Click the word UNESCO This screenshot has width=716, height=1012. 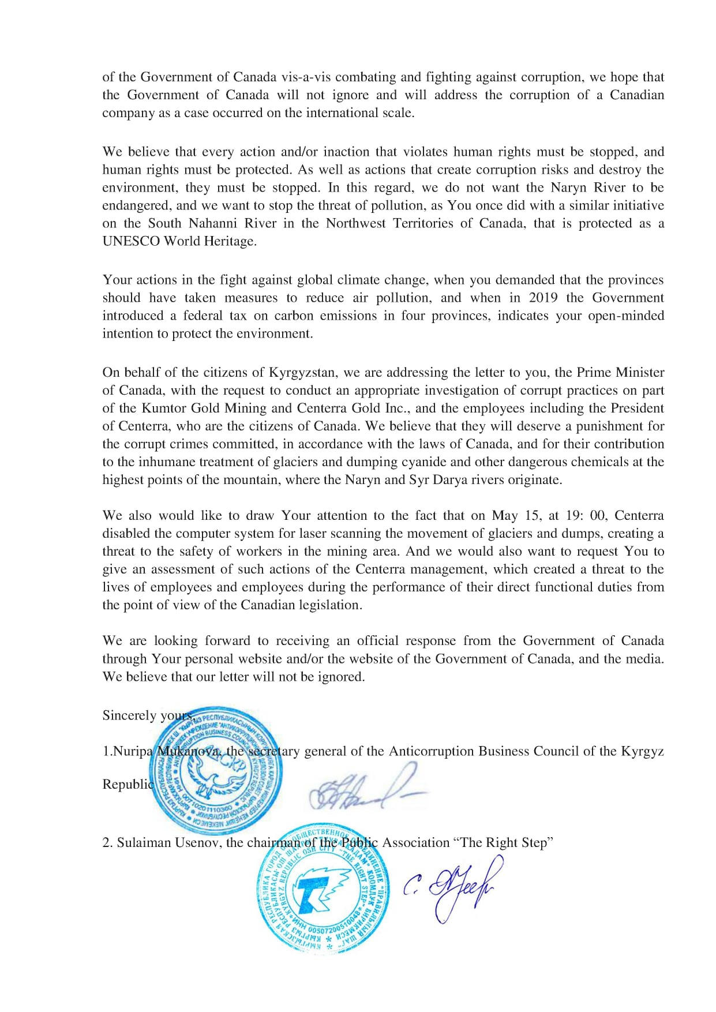click(131, 241)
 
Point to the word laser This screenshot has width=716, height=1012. click(311, 534)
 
